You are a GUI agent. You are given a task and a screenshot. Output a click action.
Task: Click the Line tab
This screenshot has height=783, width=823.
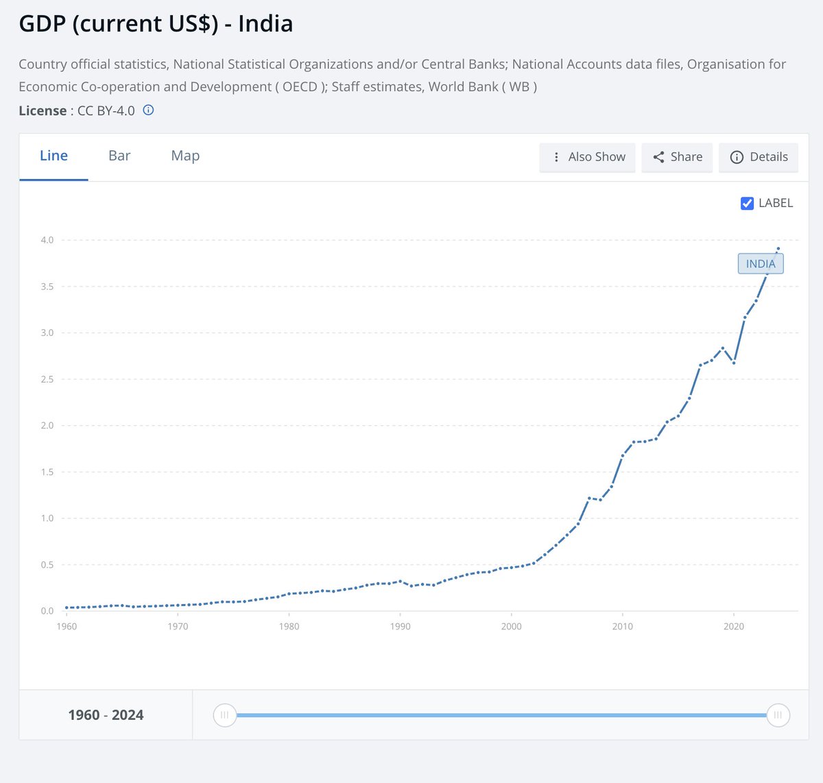[x=53, y=156]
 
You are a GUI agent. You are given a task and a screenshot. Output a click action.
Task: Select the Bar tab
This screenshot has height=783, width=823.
[x=119, y=156]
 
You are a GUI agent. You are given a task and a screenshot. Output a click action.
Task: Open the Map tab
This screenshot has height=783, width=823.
[x=185, y=156]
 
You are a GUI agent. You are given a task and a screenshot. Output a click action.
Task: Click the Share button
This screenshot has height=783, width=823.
[x=677, y=157]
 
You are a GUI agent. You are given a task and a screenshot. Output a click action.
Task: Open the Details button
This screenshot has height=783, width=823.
[x=759, y=157]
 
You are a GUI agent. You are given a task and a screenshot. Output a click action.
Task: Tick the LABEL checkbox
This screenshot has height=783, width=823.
[x=748, y=203]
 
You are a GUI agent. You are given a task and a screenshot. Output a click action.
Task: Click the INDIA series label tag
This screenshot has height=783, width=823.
[x=760, y=264]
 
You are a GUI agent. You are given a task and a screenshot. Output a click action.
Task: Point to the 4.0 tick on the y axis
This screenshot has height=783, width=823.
[x=47, y=240]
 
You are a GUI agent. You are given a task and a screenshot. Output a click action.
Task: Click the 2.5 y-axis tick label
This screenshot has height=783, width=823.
[x=47, y=379]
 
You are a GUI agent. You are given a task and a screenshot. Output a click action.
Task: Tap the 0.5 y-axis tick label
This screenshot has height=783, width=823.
[x=47, y=565]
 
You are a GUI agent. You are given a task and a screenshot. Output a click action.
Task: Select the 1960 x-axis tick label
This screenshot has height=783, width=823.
[x=67, y=626]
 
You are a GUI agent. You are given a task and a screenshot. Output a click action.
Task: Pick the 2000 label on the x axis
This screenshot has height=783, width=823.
[x=512, y=626]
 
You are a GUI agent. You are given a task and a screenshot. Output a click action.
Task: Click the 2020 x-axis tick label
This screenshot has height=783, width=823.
[x=734, y=626]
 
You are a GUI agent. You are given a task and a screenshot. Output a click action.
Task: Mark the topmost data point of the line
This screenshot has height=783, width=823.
[x=778, y=248]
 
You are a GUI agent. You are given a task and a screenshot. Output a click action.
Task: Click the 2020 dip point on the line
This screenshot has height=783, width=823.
[x=734, y=363]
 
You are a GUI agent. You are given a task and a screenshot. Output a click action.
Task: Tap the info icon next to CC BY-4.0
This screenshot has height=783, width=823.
[x=148, y=110]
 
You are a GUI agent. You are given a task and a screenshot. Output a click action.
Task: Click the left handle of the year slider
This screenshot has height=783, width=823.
[x=224, y=715]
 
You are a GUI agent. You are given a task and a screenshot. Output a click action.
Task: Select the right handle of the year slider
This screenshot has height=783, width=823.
[x=778, y=715]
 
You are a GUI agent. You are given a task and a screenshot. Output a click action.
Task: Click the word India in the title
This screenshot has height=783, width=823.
[x=265, y=24]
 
